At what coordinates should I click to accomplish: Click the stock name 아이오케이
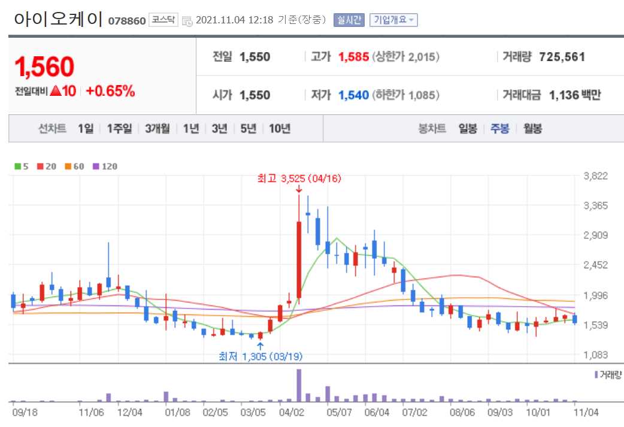click(x=57, y=19)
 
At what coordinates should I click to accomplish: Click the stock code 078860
click(x=126, y=21)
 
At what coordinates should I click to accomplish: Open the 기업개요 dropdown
click(x=393, y=20)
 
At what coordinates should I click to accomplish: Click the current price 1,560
click(x=45, y=68)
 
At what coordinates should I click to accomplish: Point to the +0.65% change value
click(x=110, y=92)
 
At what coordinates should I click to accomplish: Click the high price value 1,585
click(x=353, y=57)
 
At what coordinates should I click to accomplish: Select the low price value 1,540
click(x=353, y=95)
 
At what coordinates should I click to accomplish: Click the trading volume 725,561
click(x=562, y=57)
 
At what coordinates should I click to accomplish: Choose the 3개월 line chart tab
click(x=157, y=129)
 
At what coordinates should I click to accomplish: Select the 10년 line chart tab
click(x=280, y=129)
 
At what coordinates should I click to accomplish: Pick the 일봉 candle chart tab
click(x=468, y=129)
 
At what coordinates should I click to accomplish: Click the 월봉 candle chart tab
click(x=532, y=129)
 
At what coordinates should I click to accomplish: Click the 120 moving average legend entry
click(x=105, y=166)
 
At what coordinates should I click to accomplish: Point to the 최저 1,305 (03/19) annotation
click(x=260, y=356)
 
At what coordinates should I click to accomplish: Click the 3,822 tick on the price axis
click(x=596, y=176)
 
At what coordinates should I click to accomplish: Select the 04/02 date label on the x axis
click(x=290, y=413)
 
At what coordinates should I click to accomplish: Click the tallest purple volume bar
click(x=299, y=385)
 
